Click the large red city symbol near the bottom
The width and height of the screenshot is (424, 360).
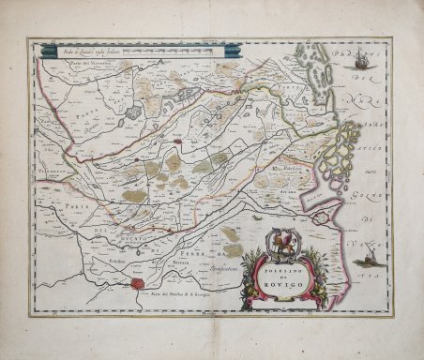click(138, 278)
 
